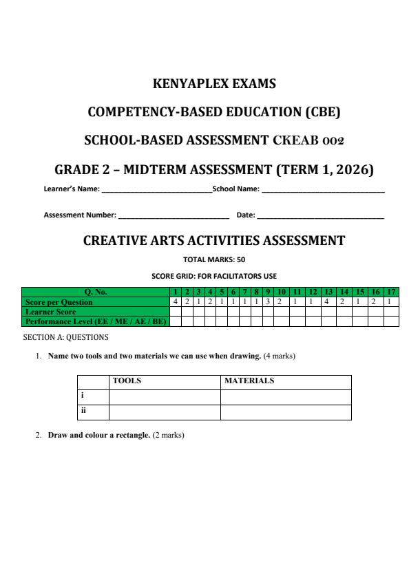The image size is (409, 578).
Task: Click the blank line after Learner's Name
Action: coord(157,188)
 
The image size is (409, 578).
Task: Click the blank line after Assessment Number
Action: coord(174,215)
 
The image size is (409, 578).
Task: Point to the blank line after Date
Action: coord(320,215)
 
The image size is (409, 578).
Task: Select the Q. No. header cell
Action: coord(96,292)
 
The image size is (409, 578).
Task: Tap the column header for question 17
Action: coord(391,292)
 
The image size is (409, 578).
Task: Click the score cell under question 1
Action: coord(176,301)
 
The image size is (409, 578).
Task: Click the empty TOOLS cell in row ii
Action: coord(164,411)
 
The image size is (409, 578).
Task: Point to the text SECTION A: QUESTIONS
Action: coord(65,337)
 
